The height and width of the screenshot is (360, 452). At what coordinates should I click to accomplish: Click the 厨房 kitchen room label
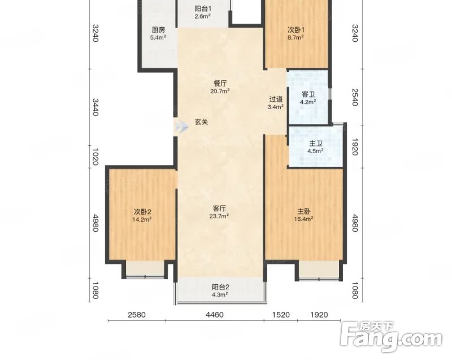pyautogui.click(x=158, y=30)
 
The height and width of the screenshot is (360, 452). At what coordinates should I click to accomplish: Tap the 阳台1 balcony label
pyautogui.click(x=203, y=8)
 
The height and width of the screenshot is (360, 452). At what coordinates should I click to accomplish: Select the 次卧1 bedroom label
pyautogui.click(x=296, y=30)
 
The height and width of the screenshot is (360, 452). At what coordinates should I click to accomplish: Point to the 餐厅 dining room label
pyautogui.click(x=220, y=84)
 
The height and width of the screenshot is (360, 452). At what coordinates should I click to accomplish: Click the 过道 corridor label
pyautogui.click(x=276, y=99)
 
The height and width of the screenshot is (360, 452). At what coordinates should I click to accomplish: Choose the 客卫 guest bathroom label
pyautogui.click(x=308, y=94)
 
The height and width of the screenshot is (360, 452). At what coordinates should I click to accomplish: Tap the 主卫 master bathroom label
pyautogui.click(x=316, y=144)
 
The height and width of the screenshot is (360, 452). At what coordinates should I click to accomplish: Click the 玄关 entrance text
pyautogui.click(x=201, y=122)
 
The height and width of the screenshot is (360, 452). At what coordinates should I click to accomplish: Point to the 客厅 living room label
pyautogui.click(x=219, y=209)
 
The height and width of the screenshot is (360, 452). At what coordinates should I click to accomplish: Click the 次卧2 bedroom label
pyautogui.click(x=142, y=212)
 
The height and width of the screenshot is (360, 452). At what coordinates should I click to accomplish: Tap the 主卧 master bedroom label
pyautogui.click(x=304, y=211)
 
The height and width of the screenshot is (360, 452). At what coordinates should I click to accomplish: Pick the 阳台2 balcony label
pyautogui.click(x=220, y=287)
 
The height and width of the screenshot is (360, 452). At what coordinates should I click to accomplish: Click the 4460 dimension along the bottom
pyautogui.click(x=215, y=315)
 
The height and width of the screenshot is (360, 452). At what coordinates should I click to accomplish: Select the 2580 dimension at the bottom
pyautogui.click(x=137, y=315)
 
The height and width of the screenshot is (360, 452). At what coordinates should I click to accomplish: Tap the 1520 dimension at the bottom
pyautogui.click(x=281, y=315)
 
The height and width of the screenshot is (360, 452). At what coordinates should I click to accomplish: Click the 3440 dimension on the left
pyautogui.click(x=95, y=107)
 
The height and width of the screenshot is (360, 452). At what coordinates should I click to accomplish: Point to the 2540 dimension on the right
pyautogui.click(x=355, y=97)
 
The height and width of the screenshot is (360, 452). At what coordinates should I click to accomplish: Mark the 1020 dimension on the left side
pyautogui.click(x=95, y=157)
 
